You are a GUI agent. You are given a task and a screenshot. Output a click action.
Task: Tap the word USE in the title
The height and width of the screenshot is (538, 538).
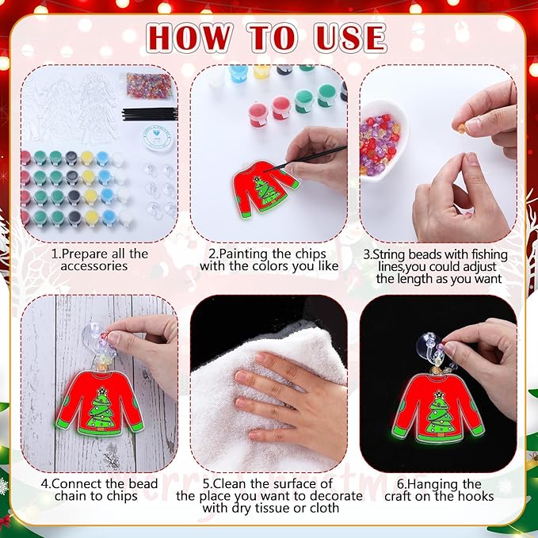coord(350,38)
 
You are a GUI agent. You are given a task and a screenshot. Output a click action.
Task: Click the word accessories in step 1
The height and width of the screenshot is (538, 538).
coord(94,266)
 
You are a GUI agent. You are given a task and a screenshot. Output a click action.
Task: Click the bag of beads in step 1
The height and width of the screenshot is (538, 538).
coord(150,86)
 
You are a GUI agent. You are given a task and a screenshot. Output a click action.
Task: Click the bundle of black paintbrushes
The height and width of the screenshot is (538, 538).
coord(150,114)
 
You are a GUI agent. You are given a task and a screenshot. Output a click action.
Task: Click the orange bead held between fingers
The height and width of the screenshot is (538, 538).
coord(462,128)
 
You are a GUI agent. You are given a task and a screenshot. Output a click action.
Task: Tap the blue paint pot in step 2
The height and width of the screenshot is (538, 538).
coord(238,73)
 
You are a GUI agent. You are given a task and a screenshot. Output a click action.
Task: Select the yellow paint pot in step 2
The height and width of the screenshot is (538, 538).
coord(261,71)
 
